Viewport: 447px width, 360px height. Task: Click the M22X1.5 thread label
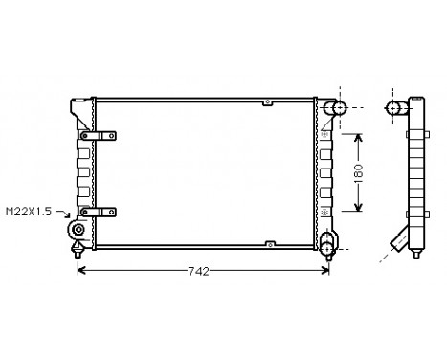(30, 212)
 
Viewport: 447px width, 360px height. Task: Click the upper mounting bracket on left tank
(99, 135)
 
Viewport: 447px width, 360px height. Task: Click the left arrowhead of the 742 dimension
(80, 271)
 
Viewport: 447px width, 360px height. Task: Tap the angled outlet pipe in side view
(400, 238)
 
